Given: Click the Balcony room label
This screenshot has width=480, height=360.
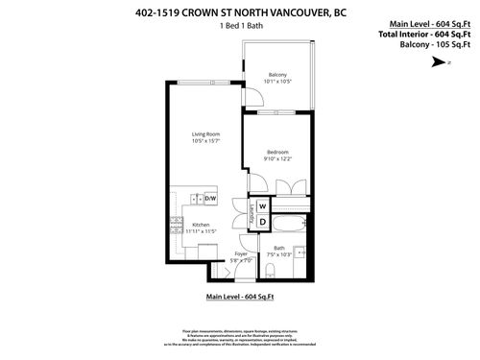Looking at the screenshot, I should pyautogui.click(x=277, y=75).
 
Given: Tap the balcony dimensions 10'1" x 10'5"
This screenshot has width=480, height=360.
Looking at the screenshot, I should pyautogui.click(x=277, y=83).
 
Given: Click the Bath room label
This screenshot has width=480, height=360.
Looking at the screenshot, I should pyautogui.click(x=279, y=249).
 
